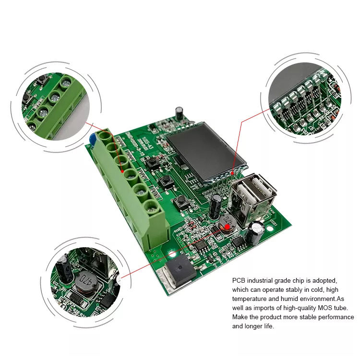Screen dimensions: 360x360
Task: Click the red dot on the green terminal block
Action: pos(124,171)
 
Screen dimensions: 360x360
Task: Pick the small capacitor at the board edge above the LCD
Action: pos(180,113)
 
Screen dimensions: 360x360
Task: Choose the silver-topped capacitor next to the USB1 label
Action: pos(255,231)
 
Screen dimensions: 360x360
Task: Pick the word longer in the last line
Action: pos(253,326)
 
